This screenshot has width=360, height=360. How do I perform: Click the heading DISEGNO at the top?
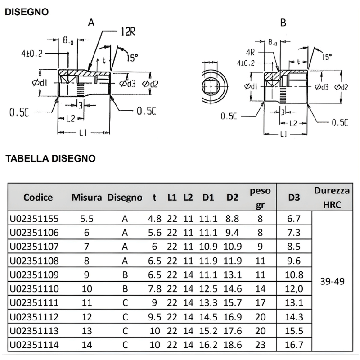26,12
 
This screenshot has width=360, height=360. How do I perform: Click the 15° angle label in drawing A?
132,58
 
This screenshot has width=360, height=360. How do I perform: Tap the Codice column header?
38,197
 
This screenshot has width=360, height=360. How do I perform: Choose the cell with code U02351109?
34,274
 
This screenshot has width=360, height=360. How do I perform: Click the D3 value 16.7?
294,344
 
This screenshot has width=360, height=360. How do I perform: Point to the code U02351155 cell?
34,219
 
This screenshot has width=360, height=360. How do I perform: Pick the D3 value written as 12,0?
294,288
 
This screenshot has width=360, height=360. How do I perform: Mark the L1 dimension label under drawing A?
83,133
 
